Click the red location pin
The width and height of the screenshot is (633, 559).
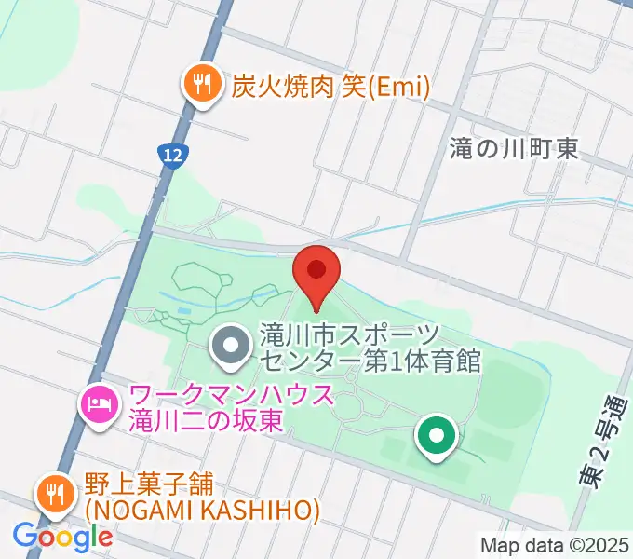point(316,273)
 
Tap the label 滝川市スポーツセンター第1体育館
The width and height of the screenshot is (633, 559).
point(370,348)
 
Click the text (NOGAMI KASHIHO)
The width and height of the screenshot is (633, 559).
point(202,511)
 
